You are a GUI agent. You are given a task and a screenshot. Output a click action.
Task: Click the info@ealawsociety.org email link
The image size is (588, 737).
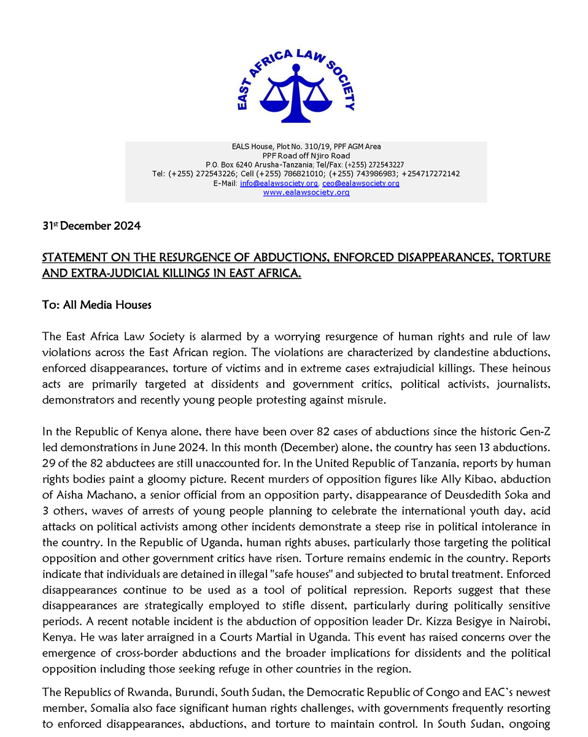click(x=279, y=184)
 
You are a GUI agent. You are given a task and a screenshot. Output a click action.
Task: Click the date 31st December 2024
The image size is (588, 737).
click(x=91, y=226)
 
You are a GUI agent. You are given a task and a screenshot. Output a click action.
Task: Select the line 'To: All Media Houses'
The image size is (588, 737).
click(x=96, y=305)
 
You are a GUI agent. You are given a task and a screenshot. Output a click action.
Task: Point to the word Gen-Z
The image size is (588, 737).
click(x=533, y=432)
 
